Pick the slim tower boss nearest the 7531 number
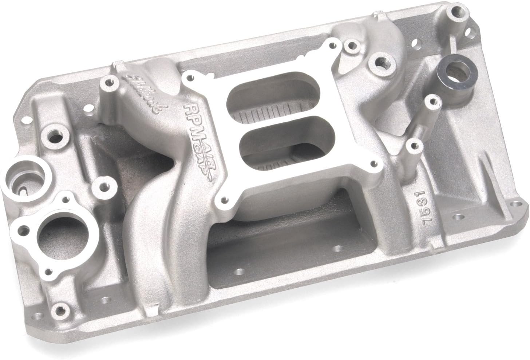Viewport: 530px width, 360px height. click(x=413, y=145)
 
